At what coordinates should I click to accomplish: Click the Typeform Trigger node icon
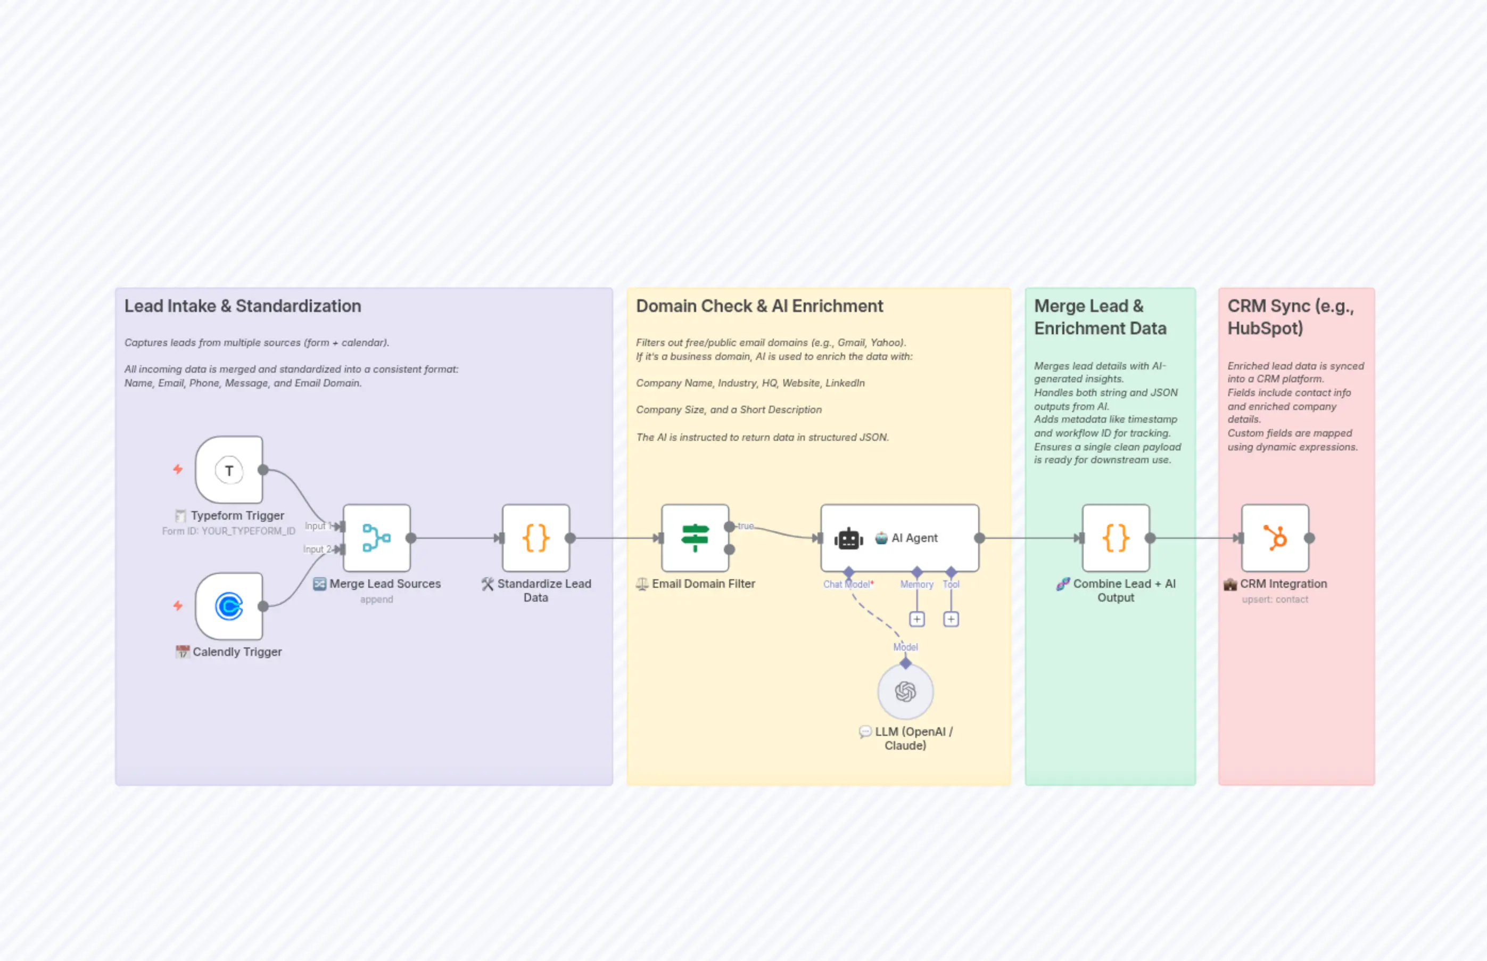pyautogui.click(x=229, y=471)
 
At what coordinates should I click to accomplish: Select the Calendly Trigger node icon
pyautogui.click(x=229, y=606)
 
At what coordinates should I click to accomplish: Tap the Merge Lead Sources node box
pyautogui.click(x=377, y=538)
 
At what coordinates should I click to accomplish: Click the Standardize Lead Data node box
pyautogui.click(x=536, y=538)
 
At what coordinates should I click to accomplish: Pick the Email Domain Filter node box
pyautogui.click(x=695, y=538)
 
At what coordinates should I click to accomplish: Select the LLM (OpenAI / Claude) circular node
pyautogui.click(x=905, y=692)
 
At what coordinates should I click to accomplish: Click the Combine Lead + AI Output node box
pyautogui.click(x=1116, y=538)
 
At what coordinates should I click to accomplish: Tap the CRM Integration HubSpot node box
pyautogui.click(x=1275, y=538)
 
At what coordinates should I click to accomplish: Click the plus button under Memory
pyautogui.click(x=917, y=619)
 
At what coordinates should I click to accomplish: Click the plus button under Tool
pyautogui.click(x=951, y=619)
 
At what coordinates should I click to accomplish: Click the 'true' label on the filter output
pyautogui.click(x=746, y=526)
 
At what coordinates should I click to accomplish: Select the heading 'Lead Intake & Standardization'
pyautogui.click(x=243, y=306)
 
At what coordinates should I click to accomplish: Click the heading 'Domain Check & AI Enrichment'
pyautogui.click(x=759, y=306)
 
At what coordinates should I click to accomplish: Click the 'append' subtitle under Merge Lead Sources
pyautogui.click(x=376, y=599)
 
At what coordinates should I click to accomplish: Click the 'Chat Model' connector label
pyautogui.click(x=846, y=585)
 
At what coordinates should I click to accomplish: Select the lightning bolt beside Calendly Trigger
pyautogui.click(x=178, y=605)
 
